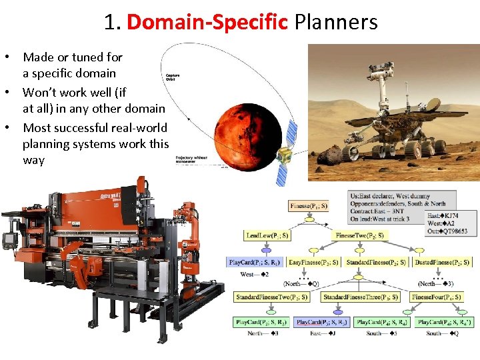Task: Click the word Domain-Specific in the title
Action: (207, 23)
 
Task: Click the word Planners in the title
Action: (336, 23)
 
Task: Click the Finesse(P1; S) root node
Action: (308, 206)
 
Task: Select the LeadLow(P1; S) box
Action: (267, 235)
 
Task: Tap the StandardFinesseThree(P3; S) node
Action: (360, 297)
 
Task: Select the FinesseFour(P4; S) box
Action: (437, 297)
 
